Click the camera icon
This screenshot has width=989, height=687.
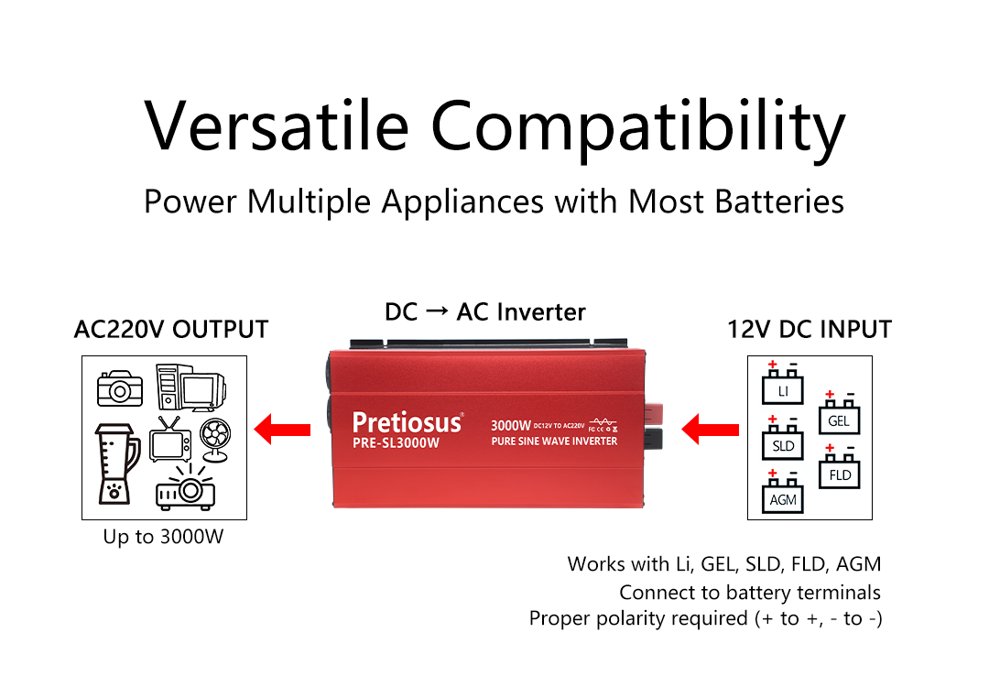[x=120, y=388]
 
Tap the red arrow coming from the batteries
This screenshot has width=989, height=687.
[x=712, y=429]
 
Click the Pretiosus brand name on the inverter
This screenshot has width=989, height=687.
[x=408, y=421]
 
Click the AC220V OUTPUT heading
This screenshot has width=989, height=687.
[x=171, y=329]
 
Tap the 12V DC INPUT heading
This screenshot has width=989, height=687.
[x=810, y=329]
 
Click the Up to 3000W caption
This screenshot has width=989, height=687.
[x=163, y=537]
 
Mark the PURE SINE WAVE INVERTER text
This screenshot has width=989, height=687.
[x=554, y=442]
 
